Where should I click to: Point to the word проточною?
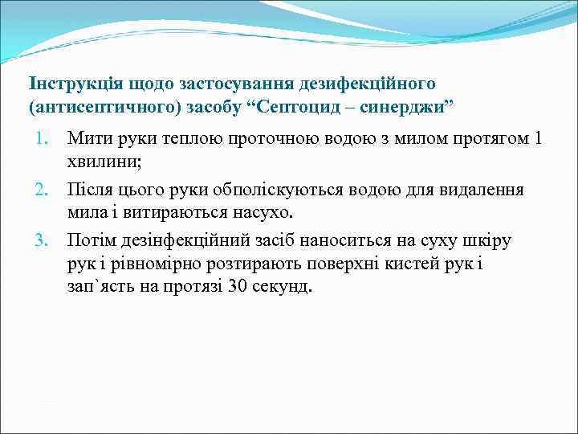[246, 139]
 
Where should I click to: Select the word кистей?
[403, 264]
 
